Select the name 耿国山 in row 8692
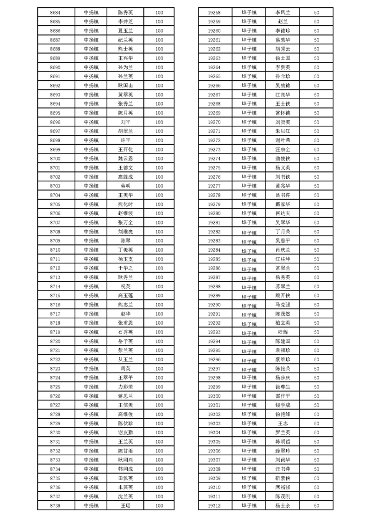pyautogui.click(x=125, y=86)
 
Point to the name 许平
pyautogui.click(x=125, y=140)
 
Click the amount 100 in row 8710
pyautogui.click(x=159, y=250)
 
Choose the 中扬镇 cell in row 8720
pyautogui.click(x=91, y=341)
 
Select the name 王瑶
pyautogui.click(x=125, y=505)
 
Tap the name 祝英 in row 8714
pyautogui.click(x=125, y=286)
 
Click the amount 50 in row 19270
pyautogui.click(x=316, y=122)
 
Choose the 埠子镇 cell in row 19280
pyautogui.click(x=249, y=213)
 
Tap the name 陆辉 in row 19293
pyautogui.click(x=283, y=332)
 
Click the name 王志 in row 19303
pyautogui.click(x=283, y=423)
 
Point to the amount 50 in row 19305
pyautogui.click(x=316, y=442)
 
